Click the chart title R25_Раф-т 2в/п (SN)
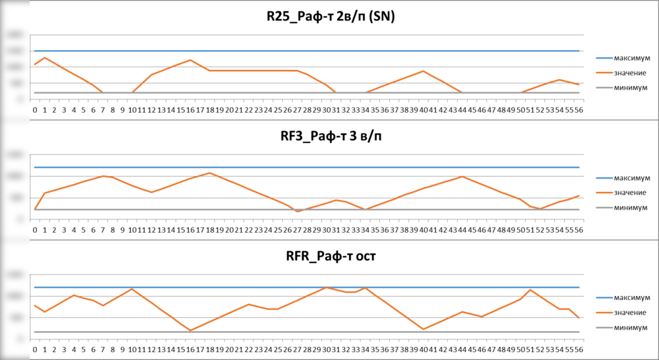coord(326,18)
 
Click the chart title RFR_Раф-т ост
coord(326,258)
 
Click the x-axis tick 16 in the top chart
coord(190,109)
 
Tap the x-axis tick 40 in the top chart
coord(424,109)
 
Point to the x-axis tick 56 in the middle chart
coord(579,230)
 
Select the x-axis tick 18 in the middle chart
coord(210,230)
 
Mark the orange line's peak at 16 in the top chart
coord(190,60)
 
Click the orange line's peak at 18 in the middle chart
coord(210,173)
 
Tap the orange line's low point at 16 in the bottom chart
coord(190,330)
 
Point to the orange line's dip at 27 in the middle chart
coord(298,212)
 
